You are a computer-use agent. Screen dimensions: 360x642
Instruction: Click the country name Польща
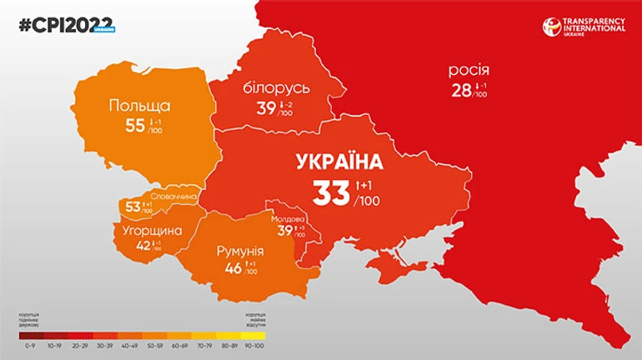139,106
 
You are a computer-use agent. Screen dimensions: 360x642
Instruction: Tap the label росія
469,71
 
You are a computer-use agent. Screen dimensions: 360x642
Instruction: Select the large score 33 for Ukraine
331,192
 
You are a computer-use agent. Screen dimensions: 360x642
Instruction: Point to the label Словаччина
173,197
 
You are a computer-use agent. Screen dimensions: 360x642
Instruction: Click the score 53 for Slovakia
132,206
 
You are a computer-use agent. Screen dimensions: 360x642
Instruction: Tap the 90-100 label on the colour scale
253,343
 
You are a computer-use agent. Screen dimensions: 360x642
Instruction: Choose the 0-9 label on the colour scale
31,343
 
